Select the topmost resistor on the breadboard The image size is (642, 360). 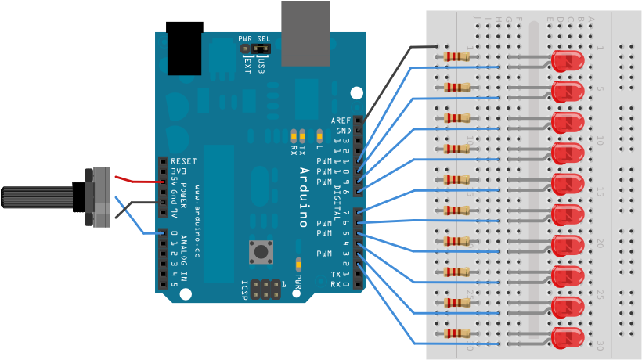pos(457,56)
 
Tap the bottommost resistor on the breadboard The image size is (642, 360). pos(457,333)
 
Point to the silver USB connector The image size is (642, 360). pos(305,33)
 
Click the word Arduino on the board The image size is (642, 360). pos(305,196)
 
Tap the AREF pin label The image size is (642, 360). pos(341,121)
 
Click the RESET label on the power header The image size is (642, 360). pos(183,161)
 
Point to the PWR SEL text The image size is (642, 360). pos(254,38)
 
